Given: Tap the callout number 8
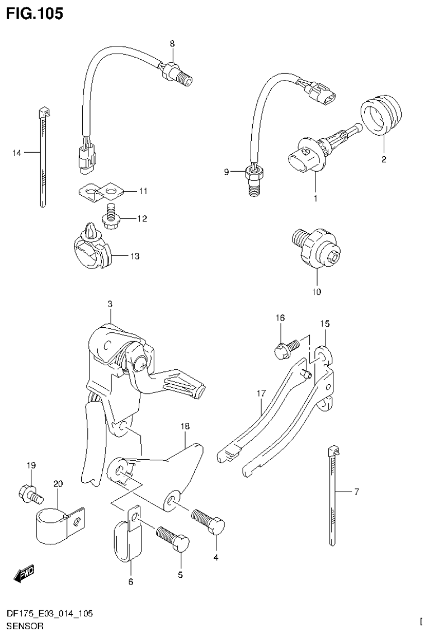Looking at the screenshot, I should coord(172,43).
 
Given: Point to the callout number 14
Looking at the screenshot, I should coord(17,153).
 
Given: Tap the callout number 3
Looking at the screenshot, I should coord(110,304).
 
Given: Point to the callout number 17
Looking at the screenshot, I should coord(261,394).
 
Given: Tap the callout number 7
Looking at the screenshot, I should coord(356,492).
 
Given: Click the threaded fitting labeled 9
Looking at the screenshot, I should coord(254,180).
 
